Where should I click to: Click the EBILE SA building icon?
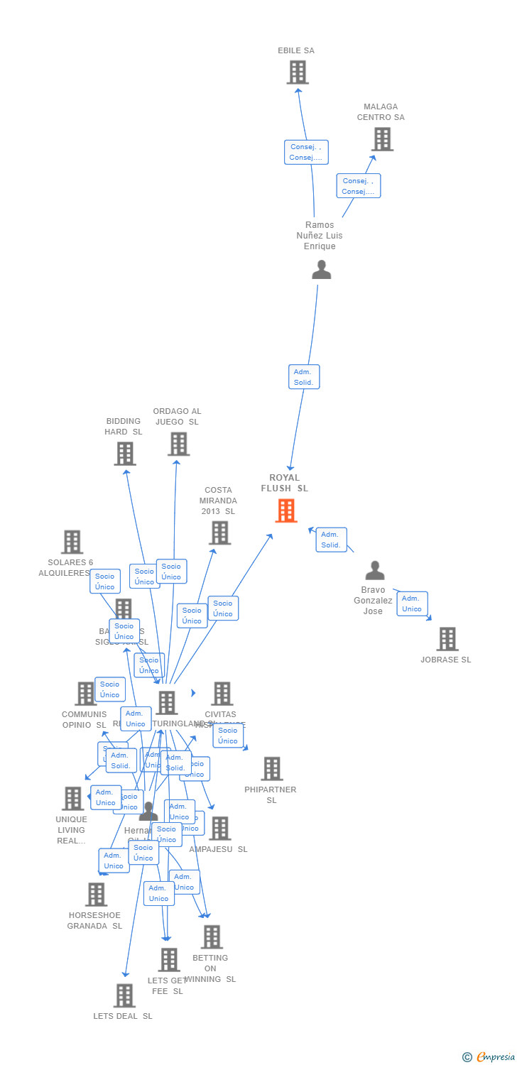(x=298, y=72)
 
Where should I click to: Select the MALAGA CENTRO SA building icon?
(x=382, y=139)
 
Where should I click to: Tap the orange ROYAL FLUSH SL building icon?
(x=286, y=510)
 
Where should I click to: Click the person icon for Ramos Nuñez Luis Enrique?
(x=322, y=270)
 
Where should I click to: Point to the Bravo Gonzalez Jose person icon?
(x=374, y=570)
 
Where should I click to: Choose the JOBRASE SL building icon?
(x=447, y=639)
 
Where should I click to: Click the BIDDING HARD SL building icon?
(x=124, y=454)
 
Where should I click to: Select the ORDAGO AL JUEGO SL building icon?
(x=178, y=444)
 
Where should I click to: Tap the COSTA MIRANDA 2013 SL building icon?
(x=219, y=532)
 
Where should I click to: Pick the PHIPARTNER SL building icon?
(x=271, y=768)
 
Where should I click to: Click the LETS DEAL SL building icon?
(x=124, y=995)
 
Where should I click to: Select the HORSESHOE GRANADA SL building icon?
(x=96, y=895)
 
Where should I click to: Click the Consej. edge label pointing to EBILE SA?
(x=306, y=152)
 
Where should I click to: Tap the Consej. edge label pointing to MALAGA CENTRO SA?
(x=358, y=186)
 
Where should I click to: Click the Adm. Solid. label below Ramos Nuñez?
(x=304, y=377)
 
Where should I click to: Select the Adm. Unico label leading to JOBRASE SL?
(x=412, y=603)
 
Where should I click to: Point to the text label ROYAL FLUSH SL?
(x=284, y=483)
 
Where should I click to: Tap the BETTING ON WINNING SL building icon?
(x=211, y=936)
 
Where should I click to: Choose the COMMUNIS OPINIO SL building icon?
(x=85, y=694)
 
